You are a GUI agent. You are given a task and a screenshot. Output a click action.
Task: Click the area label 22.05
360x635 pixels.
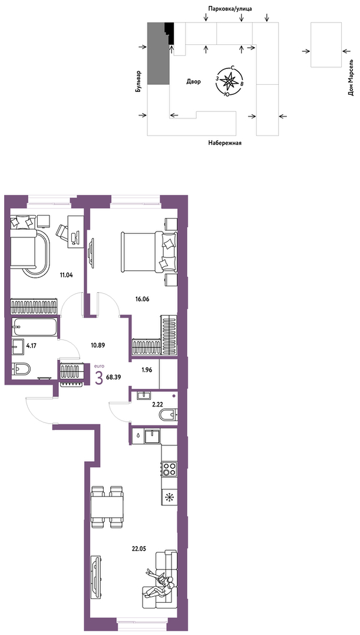coord(138,549)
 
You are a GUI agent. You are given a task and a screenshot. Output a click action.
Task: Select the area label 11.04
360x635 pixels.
coord(67,274)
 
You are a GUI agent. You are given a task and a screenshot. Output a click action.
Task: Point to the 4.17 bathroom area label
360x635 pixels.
coord(32,346)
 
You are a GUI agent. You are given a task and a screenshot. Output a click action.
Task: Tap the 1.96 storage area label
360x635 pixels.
coord(147,369)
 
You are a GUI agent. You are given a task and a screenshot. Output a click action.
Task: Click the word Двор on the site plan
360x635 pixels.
coord(194,82)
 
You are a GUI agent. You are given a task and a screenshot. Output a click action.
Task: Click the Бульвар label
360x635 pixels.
coord(139,81)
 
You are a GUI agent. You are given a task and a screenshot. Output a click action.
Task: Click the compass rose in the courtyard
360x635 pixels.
coord(229,81)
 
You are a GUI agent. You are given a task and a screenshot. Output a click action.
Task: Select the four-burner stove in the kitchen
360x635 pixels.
coord(169,469)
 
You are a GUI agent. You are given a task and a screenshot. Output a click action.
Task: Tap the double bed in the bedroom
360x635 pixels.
coord(148,251)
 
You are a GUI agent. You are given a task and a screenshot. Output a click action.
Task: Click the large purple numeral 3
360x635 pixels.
coord(98,378)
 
